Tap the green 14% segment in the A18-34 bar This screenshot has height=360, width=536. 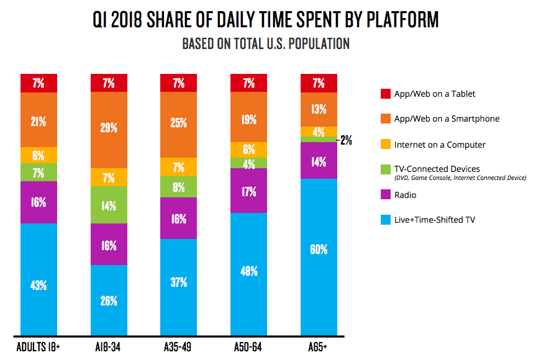pos(109,205)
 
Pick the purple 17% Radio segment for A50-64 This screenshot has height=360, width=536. pos(248,191)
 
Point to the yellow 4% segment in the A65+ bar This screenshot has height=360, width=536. pos(319,131)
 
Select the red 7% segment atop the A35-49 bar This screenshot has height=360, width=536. pos(179,83)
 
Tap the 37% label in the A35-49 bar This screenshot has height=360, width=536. pos(179,282)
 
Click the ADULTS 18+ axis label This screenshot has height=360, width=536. pos(39,345)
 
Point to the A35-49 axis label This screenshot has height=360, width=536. pos(179,345)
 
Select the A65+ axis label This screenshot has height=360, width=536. pos(319,345)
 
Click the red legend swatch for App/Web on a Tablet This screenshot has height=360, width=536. pos(385,94)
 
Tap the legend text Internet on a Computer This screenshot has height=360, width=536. pos(440,145)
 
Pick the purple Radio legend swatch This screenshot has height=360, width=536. pos(385,196)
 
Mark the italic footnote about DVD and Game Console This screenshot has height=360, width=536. pos(460,178)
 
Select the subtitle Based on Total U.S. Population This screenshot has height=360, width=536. pos(265,44)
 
